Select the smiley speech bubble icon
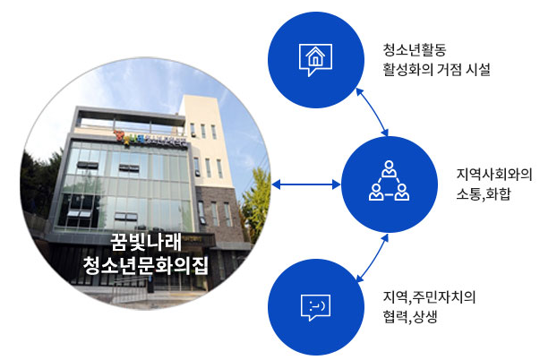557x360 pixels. [x=315, y=307]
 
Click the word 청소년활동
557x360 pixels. [x=415, y=49]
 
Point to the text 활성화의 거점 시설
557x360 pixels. [x=436, y=69]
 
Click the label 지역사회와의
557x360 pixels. [x=493, y=175]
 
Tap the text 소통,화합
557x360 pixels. [x=483, y=194]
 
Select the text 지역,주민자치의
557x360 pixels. [x=429, y=297]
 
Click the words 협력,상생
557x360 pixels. [x=409, y=317]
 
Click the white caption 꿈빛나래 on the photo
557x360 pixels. [x=146, y=243]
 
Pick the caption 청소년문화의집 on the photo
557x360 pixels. [x=145, y=265]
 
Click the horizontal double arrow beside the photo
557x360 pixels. [x=306, y=184]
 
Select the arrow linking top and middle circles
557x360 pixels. [x=372, y=112]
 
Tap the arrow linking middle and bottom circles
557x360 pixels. [x=372, y=258]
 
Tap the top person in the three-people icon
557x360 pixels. [x=389, y=168]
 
